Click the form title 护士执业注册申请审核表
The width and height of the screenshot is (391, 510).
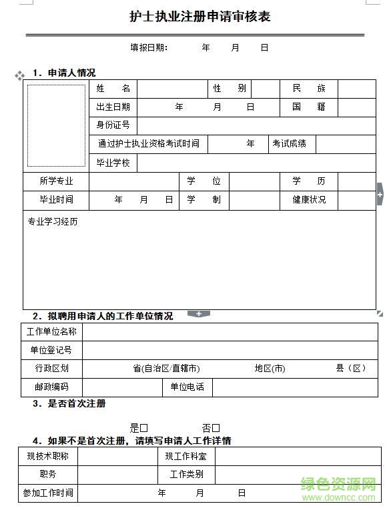200,17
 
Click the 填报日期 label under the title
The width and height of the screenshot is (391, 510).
149,48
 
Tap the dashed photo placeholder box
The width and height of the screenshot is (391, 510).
56,125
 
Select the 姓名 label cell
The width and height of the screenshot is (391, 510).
113,89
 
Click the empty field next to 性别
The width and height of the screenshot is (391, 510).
265,89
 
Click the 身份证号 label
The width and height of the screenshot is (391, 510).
113,125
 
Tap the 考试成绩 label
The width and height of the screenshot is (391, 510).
289,143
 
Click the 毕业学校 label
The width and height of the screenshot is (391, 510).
113,163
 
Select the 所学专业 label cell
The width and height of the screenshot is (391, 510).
56,181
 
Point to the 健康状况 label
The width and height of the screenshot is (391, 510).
308,199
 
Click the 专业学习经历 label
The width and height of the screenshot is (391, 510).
52,221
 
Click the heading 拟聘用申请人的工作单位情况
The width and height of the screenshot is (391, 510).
110,316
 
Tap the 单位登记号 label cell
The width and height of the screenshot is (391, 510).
51,350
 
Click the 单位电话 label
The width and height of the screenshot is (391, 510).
187,387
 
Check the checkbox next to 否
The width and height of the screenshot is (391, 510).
216,428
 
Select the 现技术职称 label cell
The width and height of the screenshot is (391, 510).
47,457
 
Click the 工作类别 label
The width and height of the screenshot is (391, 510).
187,475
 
